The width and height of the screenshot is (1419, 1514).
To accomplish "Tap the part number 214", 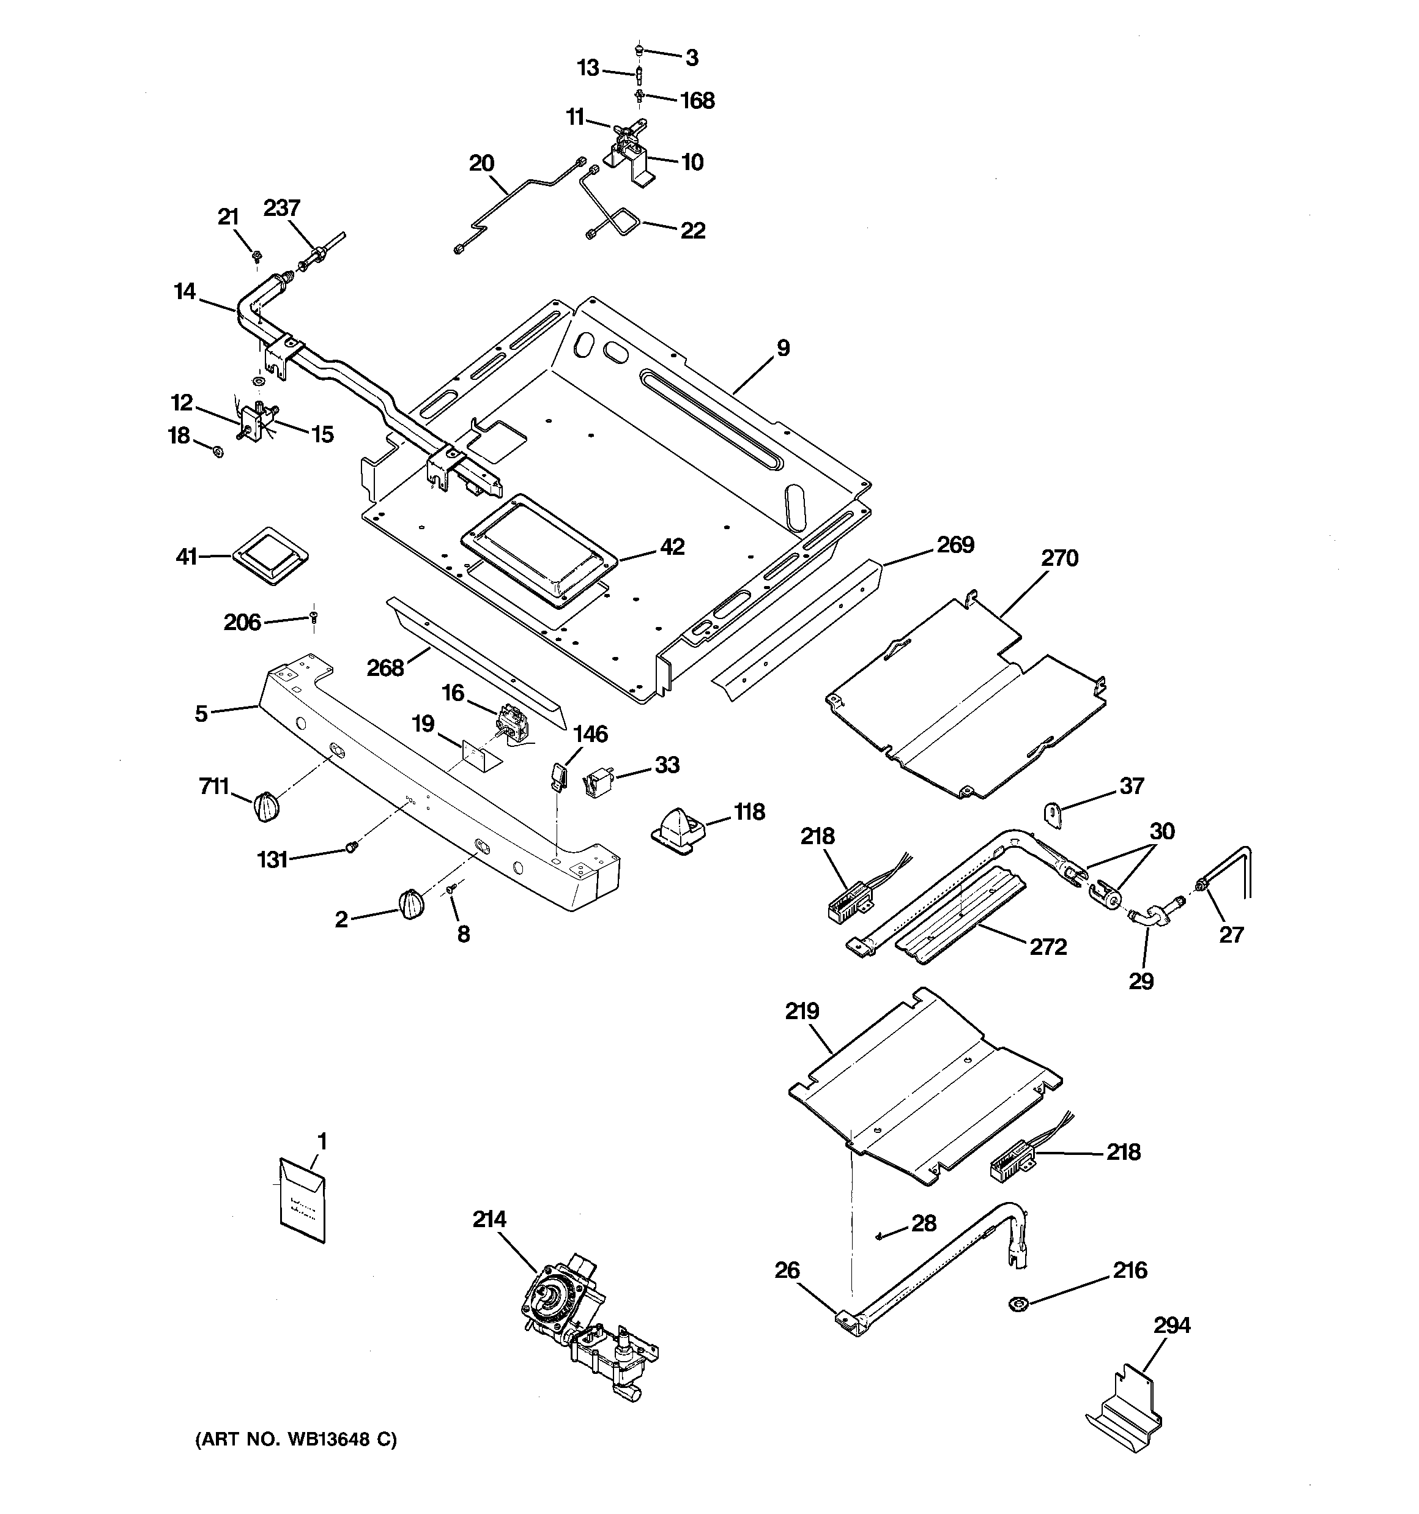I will tap(489, 1220).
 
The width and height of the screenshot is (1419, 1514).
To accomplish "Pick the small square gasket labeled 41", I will tap(270, 557).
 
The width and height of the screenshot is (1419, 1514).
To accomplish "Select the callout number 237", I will tap(282, 207).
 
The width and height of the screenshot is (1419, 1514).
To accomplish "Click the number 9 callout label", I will tap(783, 348).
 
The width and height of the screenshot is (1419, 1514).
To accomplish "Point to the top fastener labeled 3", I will tap(640, 50).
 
